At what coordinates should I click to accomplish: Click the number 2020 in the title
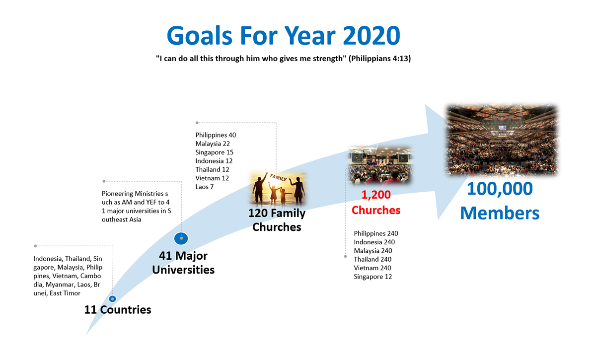372,35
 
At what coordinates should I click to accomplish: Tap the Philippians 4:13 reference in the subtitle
379,58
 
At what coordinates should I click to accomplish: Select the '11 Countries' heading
118,310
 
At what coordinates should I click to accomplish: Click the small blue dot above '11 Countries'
113,299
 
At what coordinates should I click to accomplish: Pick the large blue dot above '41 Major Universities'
181,238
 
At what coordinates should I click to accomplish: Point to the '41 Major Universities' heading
183,263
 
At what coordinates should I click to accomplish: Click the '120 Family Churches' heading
277,220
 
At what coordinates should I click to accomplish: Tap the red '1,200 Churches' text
376,203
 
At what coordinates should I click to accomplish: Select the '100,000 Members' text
500,201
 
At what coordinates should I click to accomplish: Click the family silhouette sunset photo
278,189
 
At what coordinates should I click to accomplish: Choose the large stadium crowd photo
502,140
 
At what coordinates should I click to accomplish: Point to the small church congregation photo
380,165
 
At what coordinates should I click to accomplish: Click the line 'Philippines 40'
216,135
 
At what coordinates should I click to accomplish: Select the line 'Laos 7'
204,187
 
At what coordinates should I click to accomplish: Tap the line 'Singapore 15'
214,152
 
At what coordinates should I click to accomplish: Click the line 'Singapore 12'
373,277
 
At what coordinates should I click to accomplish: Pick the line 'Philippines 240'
376,233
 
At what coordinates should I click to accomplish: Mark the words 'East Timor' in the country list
65,293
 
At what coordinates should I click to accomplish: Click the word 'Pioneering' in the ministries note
118,194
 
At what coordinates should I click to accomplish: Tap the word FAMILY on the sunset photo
278,177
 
